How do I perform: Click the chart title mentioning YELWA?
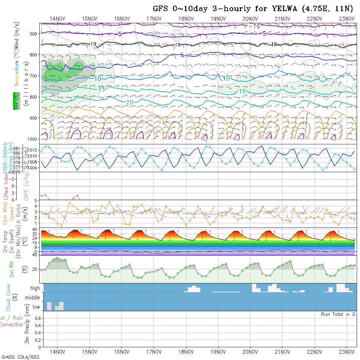point(253,9)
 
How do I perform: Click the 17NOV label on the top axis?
point(153,19)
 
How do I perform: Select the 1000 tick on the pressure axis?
point(33,139)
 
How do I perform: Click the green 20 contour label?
point(130,102)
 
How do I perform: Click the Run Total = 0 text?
point(338,314)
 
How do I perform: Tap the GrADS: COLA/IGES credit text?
point(20,357)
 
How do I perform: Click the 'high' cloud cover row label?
point(35,288)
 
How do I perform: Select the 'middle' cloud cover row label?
point(33,298)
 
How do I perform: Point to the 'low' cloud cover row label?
point(36,307)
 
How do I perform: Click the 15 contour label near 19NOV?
point(242,92)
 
